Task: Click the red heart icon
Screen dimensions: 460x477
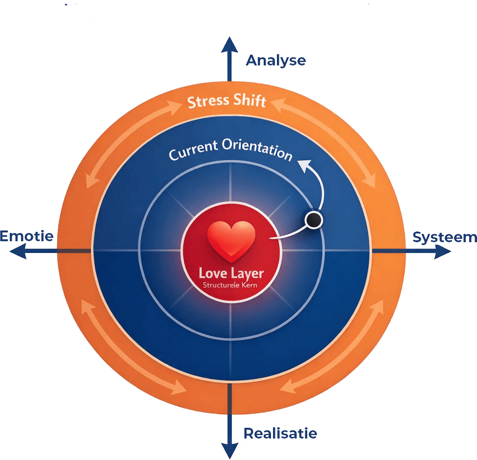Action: tap(231, 239)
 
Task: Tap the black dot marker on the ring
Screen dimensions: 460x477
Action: tap(313, 220)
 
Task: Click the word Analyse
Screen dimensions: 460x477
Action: tap(276, 61)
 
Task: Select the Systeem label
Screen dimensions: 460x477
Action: tap(444, 237)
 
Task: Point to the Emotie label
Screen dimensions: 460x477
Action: tap(26, 236)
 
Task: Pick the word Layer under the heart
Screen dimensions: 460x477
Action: tap(247, 273)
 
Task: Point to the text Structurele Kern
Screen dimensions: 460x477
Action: tap(230, 285)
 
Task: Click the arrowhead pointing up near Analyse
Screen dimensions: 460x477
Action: tap(228, 45)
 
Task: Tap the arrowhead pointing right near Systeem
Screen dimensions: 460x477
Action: tap(443, 251)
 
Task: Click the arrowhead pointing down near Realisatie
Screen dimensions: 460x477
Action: tap(228, 450)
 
